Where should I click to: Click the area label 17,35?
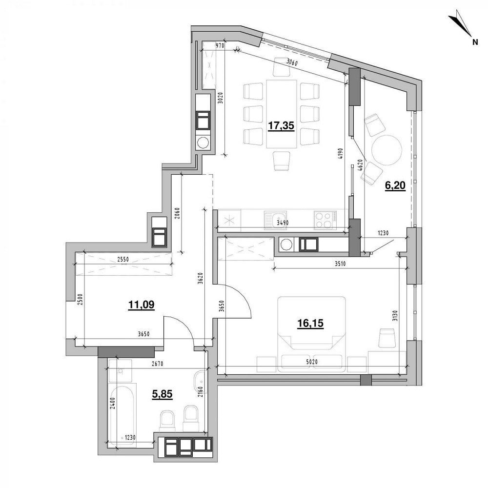281,126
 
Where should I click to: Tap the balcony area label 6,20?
395,186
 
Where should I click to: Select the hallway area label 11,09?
141,305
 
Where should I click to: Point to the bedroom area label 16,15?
311,323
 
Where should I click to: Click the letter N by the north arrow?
474,42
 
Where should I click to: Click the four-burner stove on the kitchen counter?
325,219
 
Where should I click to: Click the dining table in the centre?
282,114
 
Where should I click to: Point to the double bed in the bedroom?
311,331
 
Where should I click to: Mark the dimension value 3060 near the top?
292,62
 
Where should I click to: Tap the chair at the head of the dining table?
282,66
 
